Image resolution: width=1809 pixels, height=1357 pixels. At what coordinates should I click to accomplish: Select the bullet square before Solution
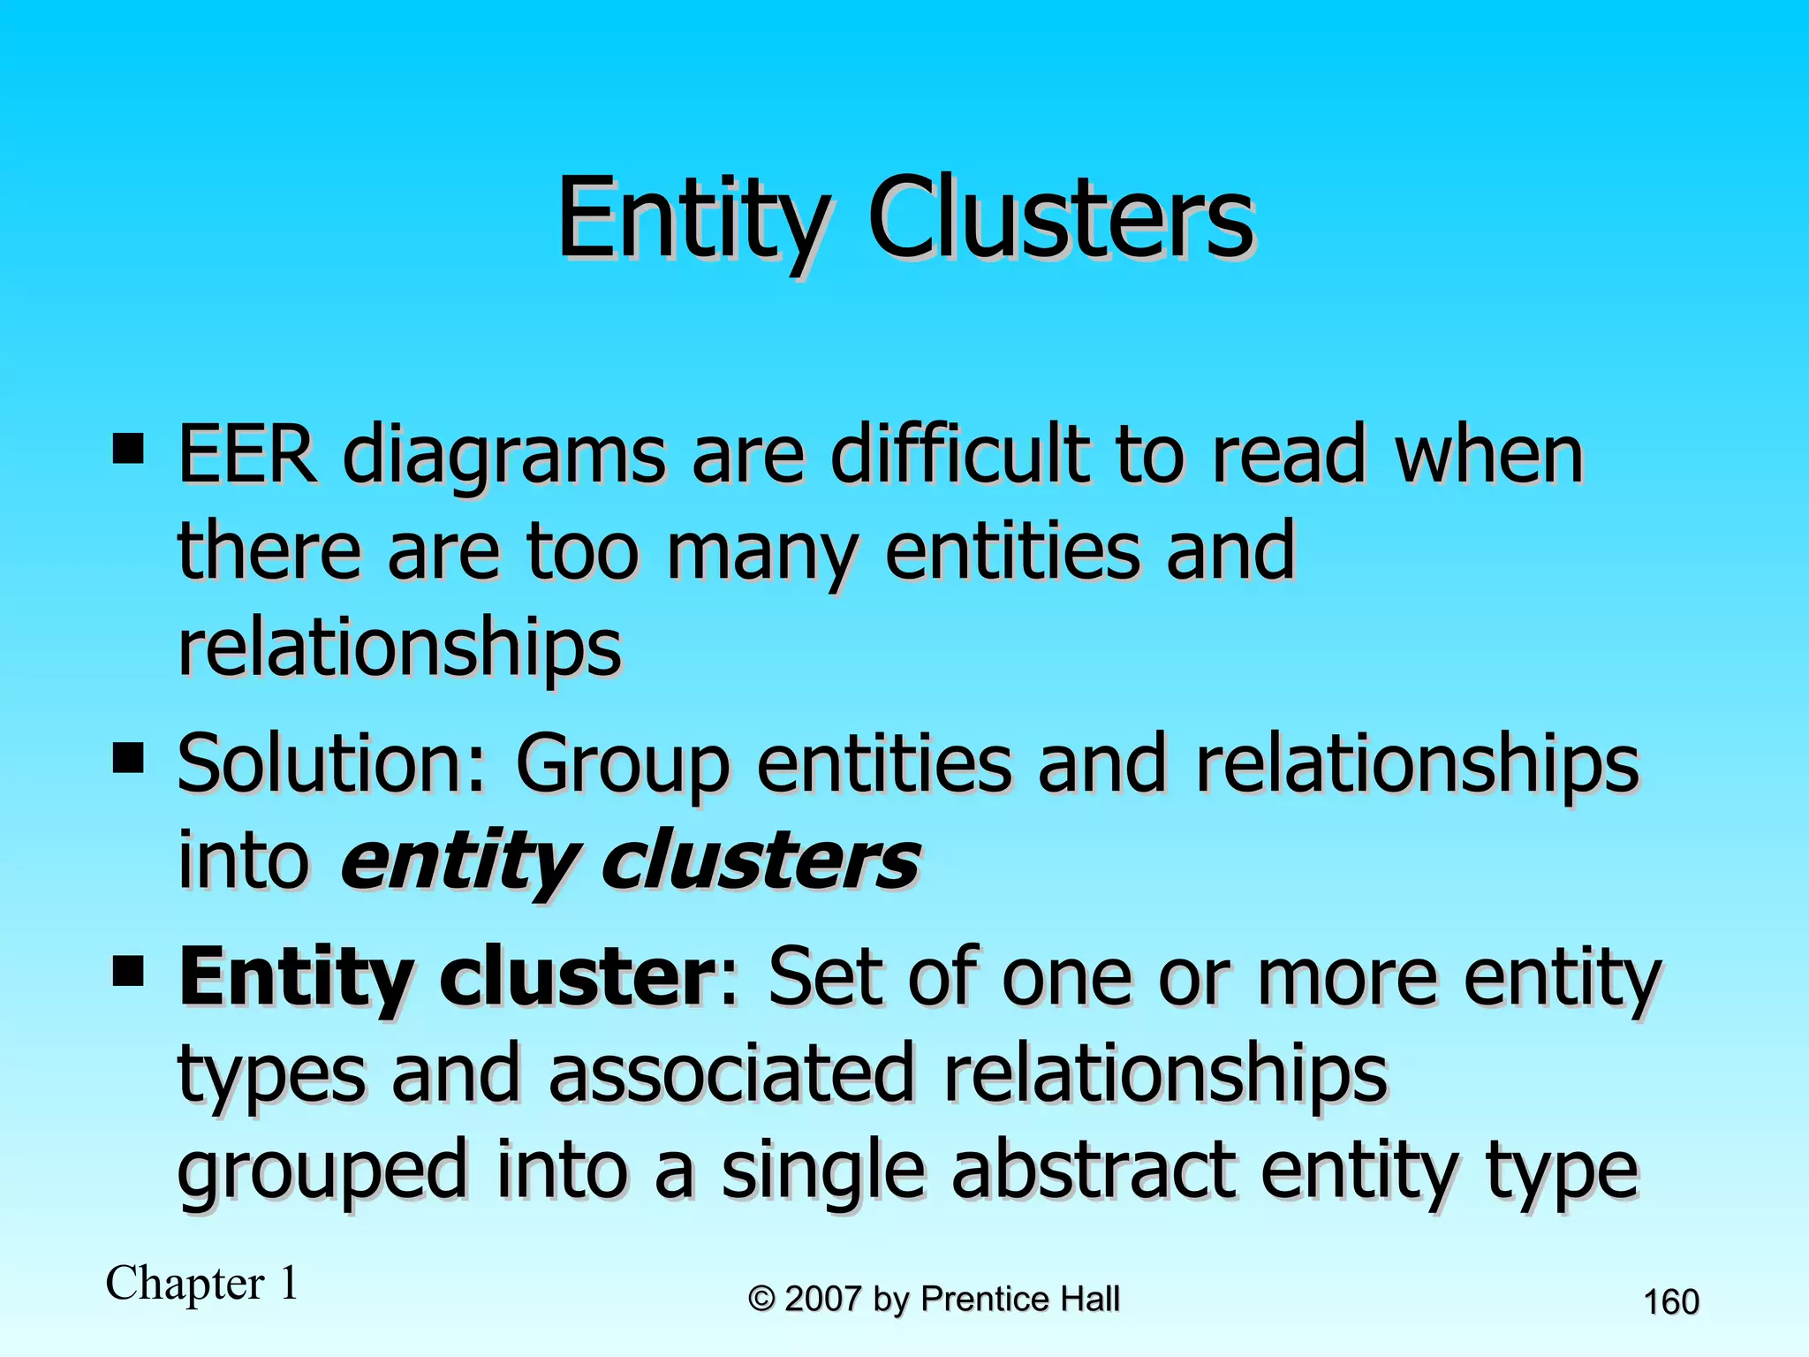[x=129, y=757]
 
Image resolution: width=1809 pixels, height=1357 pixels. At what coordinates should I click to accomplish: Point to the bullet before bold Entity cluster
[x=129, y=971]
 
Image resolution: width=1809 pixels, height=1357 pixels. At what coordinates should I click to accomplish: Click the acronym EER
[x=246, y=455]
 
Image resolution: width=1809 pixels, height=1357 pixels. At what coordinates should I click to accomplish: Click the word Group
[x=623, y=766]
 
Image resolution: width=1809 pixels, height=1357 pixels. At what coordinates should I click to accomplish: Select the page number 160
[x=1670, y=1302]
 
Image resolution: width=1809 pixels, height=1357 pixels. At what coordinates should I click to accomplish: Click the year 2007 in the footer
[x=823, y=1299]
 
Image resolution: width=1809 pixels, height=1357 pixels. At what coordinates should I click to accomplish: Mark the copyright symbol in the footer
[x=761, y=1299]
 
